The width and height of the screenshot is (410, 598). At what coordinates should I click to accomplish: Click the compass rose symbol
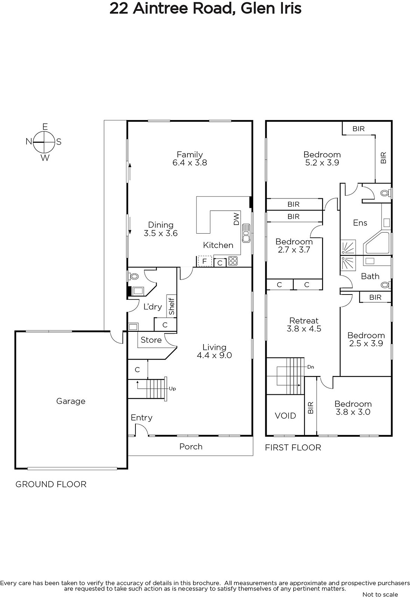tap(45, 142)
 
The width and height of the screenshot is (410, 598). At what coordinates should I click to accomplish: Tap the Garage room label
tap(71, 401)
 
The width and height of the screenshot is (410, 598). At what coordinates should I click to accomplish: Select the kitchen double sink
tap(246, 233)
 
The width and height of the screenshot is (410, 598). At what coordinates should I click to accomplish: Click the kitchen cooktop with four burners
tap(233, 261)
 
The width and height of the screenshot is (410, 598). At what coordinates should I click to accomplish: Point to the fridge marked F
tap(205, 261)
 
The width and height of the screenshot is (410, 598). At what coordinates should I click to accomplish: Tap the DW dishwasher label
tap(236, 219)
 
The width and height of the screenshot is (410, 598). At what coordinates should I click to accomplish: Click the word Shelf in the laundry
tap(172, 306)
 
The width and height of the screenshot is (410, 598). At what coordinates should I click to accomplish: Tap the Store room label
tap(151, 340)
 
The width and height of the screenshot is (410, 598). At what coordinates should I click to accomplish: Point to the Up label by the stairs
tap(172, 389)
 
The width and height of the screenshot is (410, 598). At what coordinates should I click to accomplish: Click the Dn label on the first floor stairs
tap(310, 367)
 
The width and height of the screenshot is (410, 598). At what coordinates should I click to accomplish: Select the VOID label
tap(285, 416)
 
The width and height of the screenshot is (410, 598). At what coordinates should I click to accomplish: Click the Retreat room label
tap(304, 320)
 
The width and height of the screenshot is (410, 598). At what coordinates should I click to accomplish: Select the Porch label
tap(191, 446)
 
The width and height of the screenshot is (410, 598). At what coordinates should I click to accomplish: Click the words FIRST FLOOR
tap(293, 447)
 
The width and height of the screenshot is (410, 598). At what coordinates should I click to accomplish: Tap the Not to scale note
tap(380, 594)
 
